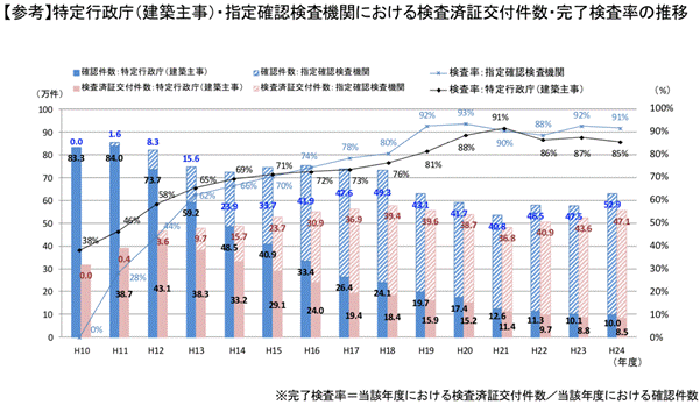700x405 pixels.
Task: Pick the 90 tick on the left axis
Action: (47, 130)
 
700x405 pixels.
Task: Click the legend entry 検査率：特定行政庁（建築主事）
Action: (536, 87)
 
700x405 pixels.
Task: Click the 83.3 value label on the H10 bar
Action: (76, 158)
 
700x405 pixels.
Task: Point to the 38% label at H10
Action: (90, 241)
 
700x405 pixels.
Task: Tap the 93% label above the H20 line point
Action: (466, 113)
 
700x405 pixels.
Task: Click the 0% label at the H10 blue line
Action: (96, 329)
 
